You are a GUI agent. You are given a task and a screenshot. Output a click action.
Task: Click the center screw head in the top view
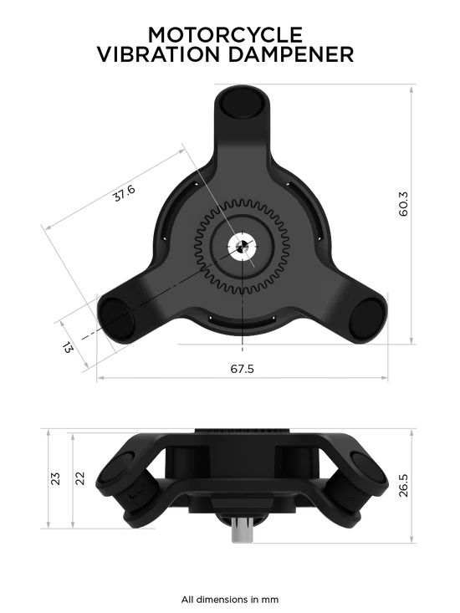coord(241,247)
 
